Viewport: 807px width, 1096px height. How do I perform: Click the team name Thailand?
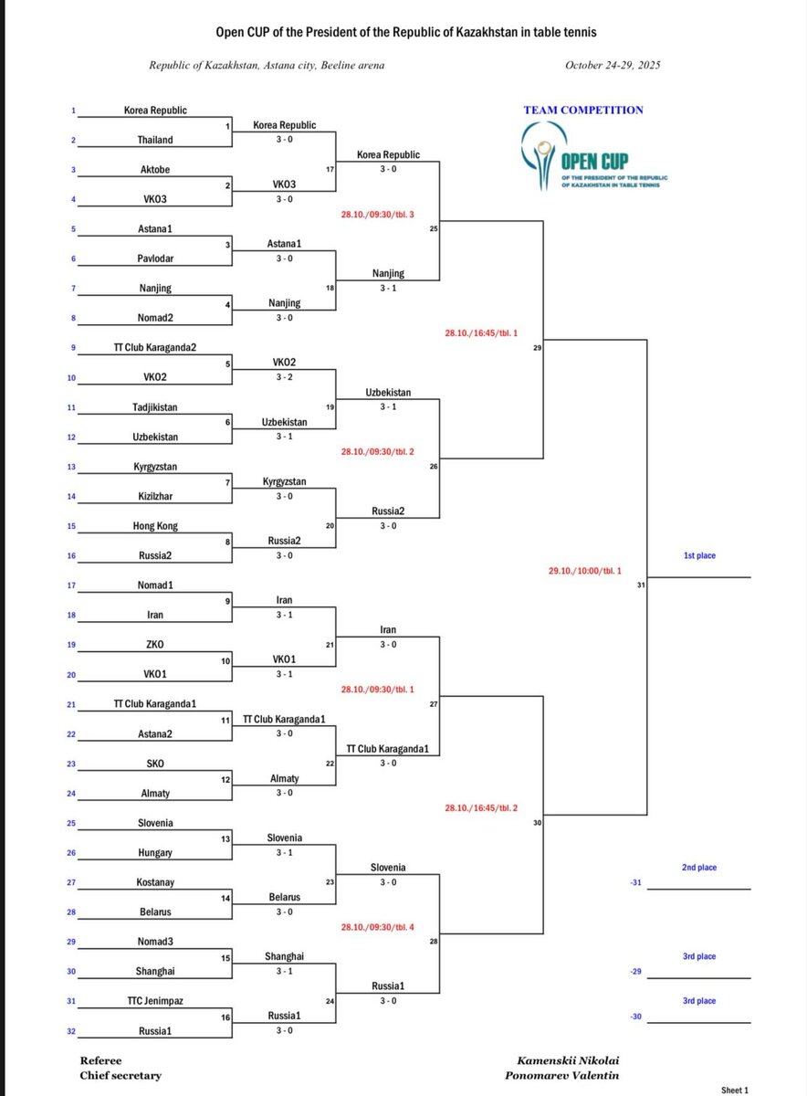point(154,140)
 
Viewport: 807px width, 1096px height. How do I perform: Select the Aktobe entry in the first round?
point(154,170)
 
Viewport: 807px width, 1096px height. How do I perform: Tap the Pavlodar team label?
point(154,258)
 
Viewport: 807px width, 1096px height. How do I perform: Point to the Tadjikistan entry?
point(154,407)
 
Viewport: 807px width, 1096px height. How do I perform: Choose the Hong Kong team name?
point(154,526)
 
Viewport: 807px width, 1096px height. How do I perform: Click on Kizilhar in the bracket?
point(154,496)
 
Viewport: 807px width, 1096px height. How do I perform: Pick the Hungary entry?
point(154,853)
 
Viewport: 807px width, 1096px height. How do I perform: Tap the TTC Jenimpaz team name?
point(154,1001)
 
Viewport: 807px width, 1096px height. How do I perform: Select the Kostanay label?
point(154,882)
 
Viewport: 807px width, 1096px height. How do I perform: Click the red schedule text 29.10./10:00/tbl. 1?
point(584,571)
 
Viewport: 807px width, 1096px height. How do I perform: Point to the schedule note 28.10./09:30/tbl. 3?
point(377,215)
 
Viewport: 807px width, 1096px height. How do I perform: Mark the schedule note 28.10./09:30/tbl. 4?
point(377,927)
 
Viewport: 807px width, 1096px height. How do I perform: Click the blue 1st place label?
point(699,555)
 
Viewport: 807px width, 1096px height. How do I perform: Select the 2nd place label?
point(699,868)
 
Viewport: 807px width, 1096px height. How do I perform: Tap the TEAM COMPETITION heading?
point(583,111)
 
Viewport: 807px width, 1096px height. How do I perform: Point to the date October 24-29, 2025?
point(613,66)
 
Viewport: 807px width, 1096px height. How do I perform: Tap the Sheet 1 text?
point(734,1090)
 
